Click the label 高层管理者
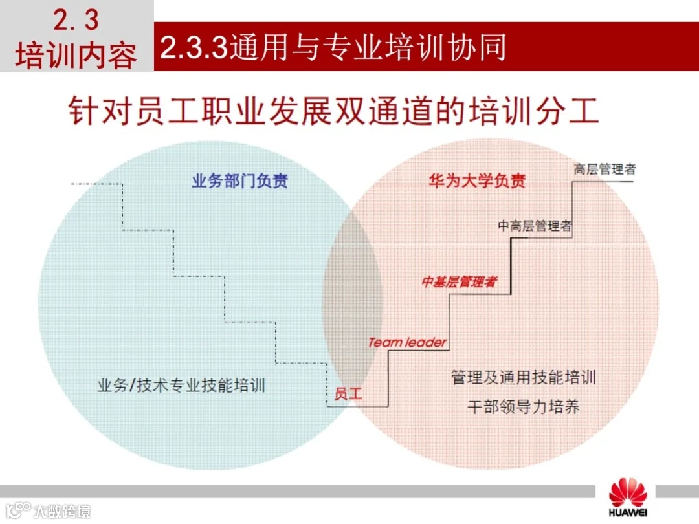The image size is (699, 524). pyautogui.click(x=605, y=169)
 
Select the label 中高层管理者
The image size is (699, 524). pyautogui.click(x=535, y=226)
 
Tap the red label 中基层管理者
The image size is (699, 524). pyautogui.click(x=459, y=282)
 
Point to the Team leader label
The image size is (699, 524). pyautogui.click(x=407, y=342)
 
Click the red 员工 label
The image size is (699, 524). pyautogui.click(x=348, y=393)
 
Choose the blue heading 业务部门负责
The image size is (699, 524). pyautogui.click(x=239, y=181)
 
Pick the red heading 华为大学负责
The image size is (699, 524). pyautogui.click(x=477, y=181)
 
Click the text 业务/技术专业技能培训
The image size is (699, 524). pyautogui.click(x=181, y=386)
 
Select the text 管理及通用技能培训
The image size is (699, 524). pyautogui.click(x=523, y=377)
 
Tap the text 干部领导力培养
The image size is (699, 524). pyautogui.click(x=523, y=406)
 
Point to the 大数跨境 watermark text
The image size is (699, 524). pyautogui.click(x=62, y=511)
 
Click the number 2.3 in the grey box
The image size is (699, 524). pyautogui.click(x=76, y=21)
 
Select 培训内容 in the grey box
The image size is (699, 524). pyautogui.click(x=76, y=56)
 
